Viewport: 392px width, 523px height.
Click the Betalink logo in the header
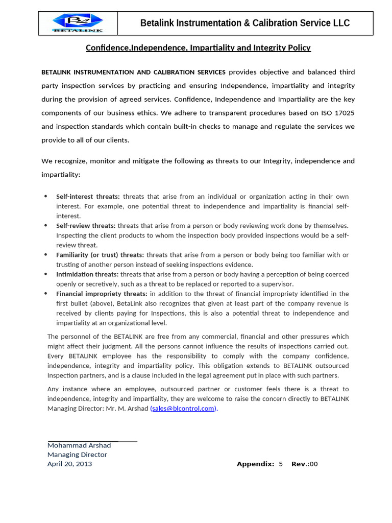pyautogui.click(x=78, y=23)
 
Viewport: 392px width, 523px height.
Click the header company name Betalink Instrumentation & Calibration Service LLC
pyautogui.click(x=245, y=23)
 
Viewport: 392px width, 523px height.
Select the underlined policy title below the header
pyautogui.click(x=198, y=47)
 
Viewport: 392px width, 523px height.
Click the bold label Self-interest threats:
pyautogui.click(x=88, y=197)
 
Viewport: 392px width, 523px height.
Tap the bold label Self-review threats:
pyautogui.click(x=86, y=226)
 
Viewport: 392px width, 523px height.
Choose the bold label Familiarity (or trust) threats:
pyautogui.click(x=100, y=255)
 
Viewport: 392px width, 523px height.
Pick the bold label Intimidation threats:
pyautogui.click(x=87, y=274)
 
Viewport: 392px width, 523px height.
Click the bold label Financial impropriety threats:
pyautogui.click(x=102, y=294)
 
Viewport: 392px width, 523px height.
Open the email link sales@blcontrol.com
pyautogui.click(x=183, y=408)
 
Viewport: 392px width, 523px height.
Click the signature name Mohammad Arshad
pyautogui.click(x=79, y=445)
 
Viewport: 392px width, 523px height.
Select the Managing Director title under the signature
pyautogui.click(x=77, y=455)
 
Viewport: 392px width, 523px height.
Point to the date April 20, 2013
pyautogui.click(x=70, y=464)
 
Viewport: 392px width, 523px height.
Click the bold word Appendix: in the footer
pyautogui.click(x=255, y=464)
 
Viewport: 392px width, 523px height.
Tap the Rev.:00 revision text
pyautogui.click(x=304, y=464)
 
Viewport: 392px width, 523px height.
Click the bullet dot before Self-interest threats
pyautogui.click(x=45, y=197)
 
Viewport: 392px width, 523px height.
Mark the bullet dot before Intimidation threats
pyautogui.click(x=45, y=274)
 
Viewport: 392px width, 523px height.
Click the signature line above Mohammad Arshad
pyautogui.click(x=92, y=440)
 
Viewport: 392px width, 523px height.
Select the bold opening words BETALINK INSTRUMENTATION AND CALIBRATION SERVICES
pyautogui.click(x=133, y=72)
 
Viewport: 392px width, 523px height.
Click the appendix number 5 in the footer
pyautogui.click(x=281, y=464)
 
